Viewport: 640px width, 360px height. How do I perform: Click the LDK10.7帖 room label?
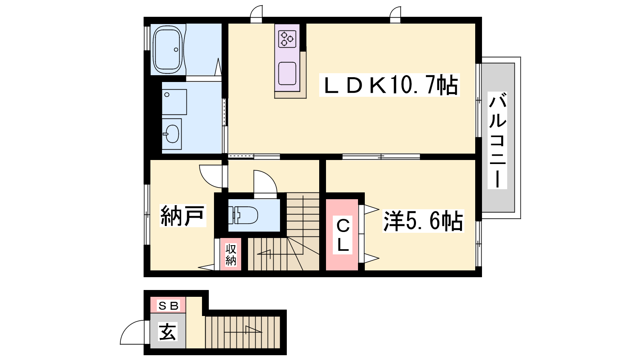coord(390,85)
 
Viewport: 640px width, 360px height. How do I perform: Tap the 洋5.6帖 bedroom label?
coord(423,221)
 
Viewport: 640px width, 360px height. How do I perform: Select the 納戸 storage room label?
coord(183,216)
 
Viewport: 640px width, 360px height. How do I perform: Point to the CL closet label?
coord(343,235)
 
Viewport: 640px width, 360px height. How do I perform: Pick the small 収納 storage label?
coord(231,254)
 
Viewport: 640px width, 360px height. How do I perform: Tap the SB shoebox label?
coord(168,306)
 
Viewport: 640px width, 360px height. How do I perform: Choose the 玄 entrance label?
coord(168,332)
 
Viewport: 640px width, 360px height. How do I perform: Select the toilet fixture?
coord(243,214)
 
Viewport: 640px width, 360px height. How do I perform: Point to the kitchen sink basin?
coord(287,74)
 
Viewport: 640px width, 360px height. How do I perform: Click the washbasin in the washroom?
coord(172,134)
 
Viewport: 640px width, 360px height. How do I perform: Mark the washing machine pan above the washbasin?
coord(174,102)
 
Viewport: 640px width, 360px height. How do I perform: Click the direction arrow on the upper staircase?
coord(264,253)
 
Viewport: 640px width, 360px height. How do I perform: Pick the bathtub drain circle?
coord(176,50)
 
